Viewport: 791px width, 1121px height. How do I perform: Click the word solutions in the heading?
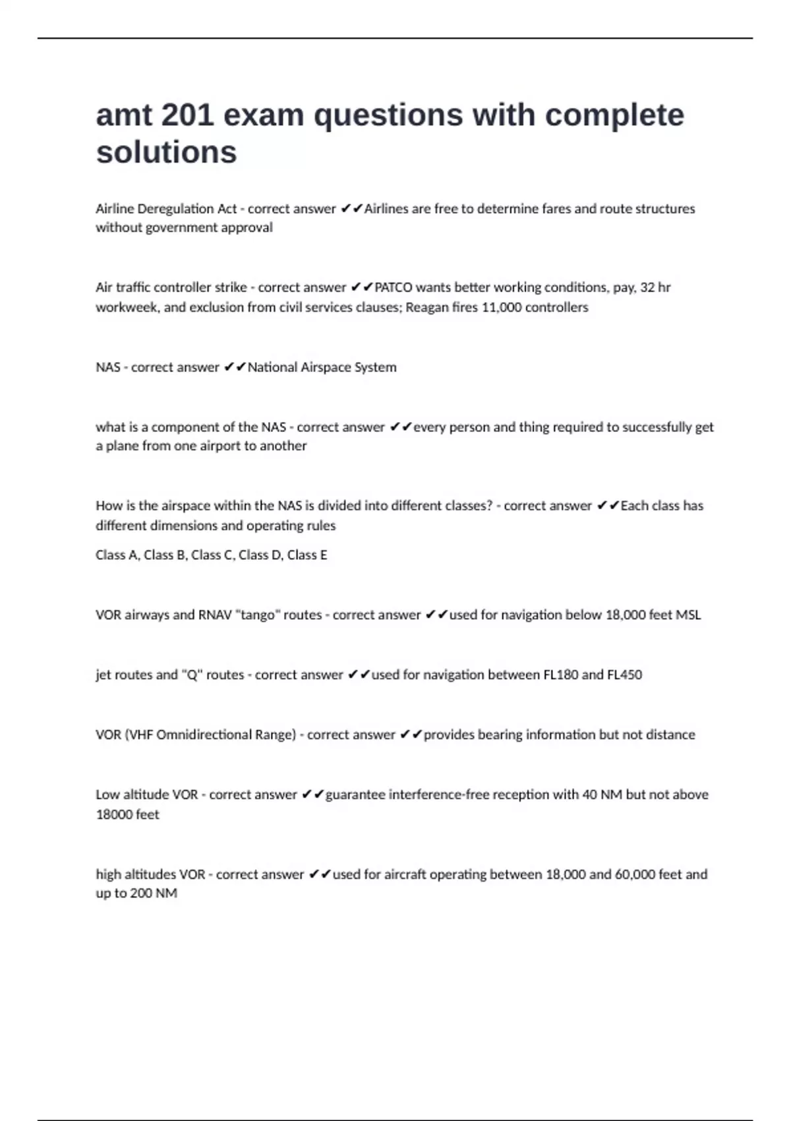coord(166,152)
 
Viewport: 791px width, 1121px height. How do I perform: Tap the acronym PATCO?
coord(394,288)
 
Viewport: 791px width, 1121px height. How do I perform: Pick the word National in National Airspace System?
coord(272,367)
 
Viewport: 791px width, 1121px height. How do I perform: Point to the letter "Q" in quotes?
coord(192,675)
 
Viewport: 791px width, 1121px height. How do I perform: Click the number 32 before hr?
coord(648,288)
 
